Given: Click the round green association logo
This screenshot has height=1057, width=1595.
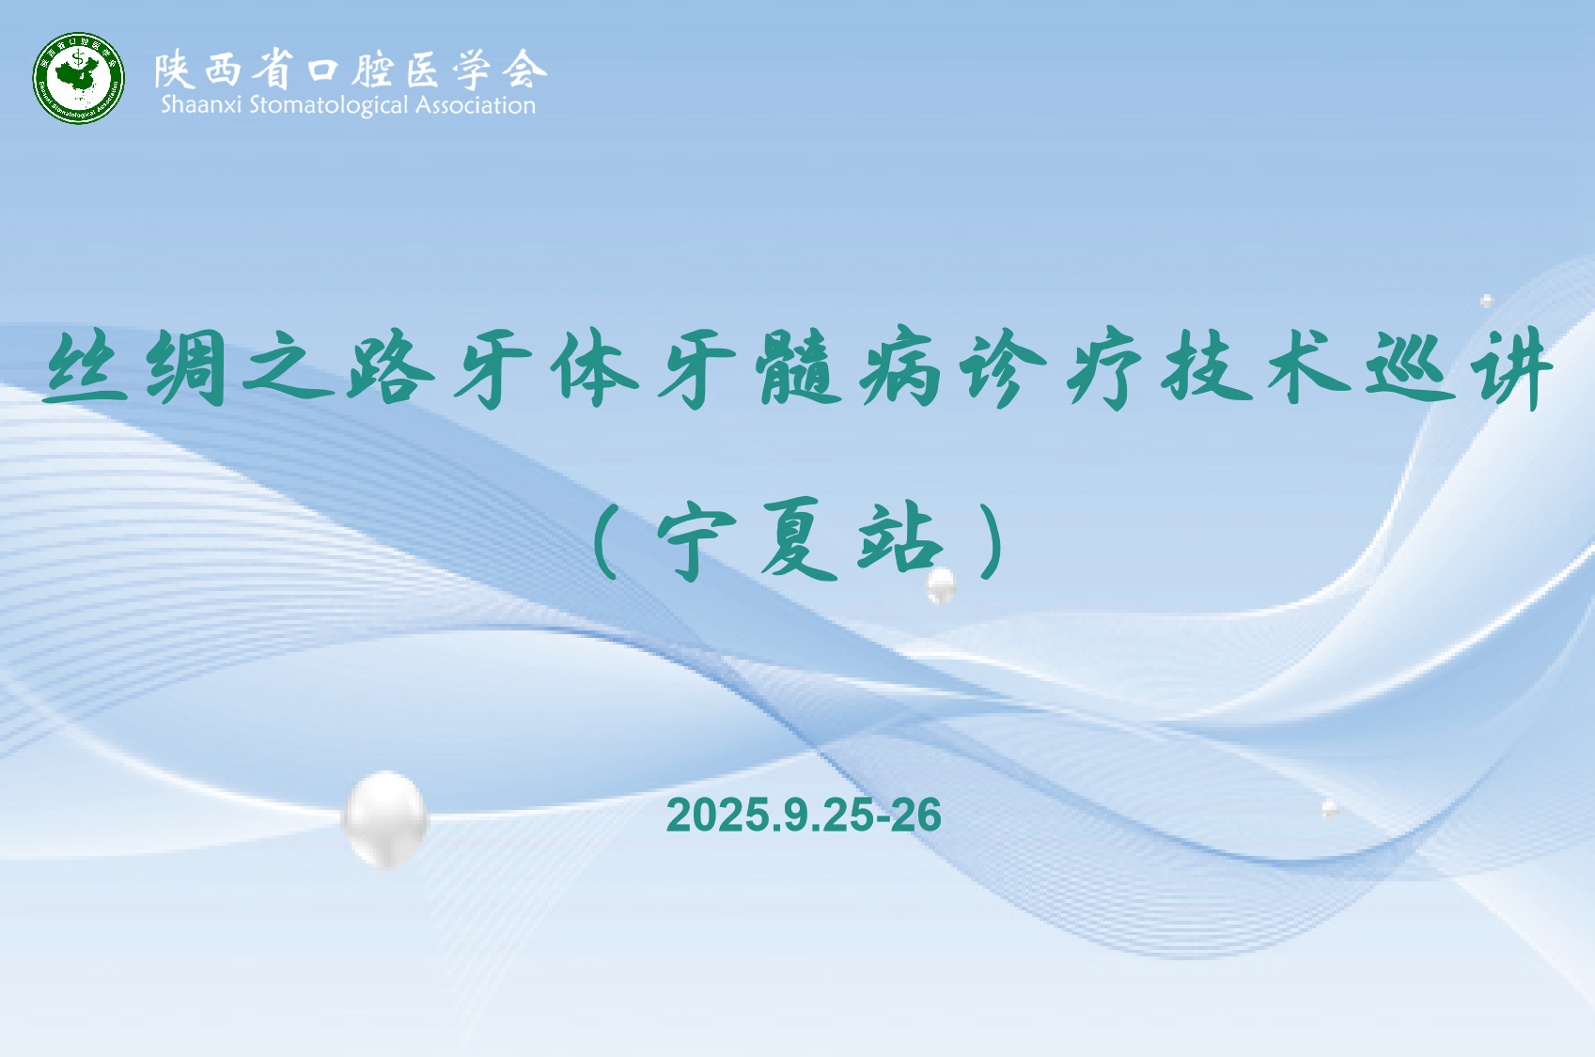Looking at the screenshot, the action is pos(78,78).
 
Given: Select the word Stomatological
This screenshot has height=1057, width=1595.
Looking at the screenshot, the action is pos(328,106).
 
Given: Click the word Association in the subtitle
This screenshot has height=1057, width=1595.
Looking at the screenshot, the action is pos(475,105).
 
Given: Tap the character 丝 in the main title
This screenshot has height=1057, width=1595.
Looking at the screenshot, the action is pos(86,368).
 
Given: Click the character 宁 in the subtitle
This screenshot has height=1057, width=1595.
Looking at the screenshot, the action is pos(696,539).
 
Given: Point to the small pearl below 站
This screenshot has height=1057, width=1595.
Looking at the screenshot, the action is pos(941,585).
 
